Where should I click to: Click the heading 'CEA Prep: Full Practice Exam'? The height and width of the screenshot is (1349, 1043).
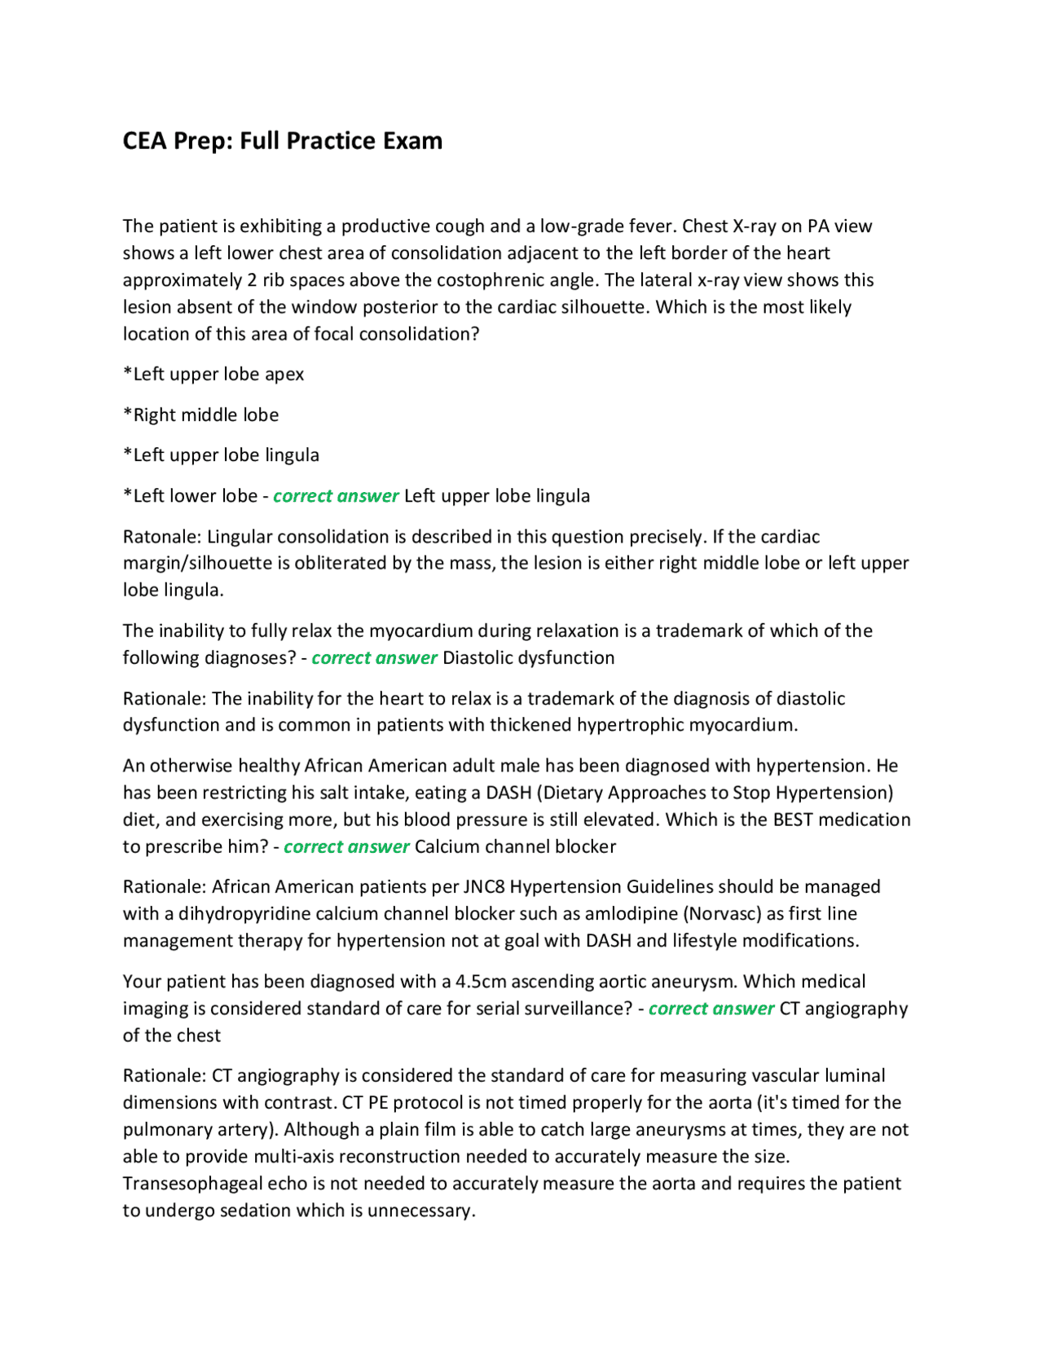282,141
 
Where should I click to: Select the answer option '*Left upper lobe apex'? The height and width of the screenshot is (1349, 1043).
213,374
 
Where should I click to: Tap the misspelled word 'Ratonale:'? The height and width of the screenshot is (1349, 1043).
162,537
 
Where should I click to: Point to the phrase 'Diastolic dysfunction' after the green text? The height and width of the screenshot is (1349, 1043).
528,657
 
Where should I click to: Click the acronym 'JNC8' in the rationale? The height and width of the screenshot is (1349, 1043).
484,886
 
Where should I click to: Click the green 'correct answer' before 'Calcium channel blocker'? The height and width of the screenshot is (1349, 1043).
346,846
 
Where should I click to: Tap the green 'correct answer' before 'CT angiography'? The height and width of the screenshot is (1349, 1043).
711,1008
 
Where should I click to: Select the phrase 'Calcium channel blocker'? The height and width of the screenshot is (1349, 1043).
515,846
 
